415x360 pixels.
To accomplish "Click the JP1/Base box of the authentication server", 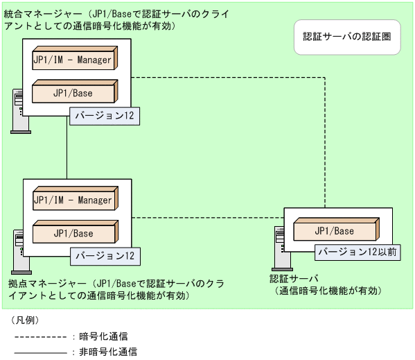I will point(335,231).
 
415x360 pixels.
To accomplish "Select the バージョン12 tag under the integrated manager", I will point(104,116).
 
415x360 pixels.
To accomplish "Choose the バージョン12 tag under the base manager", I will point(104,256).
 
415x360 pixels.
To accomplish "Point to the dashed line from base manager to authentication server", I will point(208,218).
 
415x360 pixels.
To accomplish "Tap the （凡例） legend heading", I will point(26,320).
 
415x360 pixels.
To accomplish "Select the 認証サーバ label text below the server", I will point(289,279).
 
